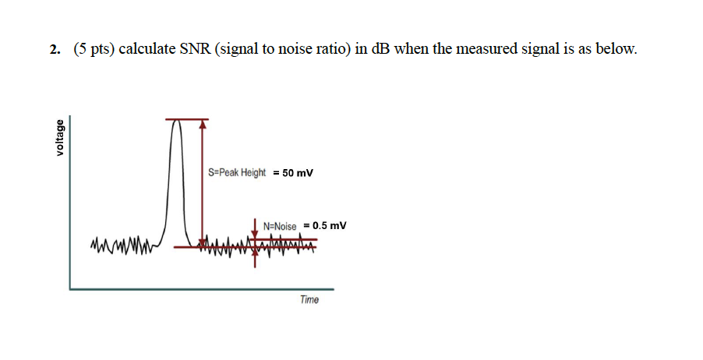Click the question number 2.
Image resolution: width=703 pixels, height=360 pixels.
(x=54, y=51)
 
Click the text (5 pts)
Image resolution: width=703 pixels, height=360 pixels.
(x=94, y=51)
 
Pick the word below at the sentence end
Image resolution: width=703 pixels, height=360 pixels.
(x=617, y=51)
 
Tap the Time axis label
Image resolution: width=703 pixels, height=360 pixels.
(x=309, y=300)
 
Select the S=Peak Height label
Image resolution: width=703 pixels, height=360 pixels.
(x=237, y=173)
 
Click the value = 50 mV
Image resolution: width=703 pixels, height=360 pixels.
(x=293, y=173)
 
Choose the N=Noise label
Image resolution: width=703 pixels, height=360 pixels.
(x=280, y=226)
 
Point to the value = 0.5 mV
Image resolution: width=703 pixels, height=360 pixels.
(x=324, y=226)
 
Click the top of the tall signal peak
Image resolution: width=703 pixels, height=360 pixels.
(x=178, y=122)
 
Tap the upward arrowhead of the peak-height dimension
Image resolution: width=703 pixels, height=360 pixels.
(x=203, y=124)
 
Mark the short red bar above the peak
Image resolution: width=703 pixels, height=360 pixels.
(x=187, y=119)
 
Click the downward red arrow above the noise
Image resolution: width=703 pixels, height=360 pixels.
(x=256, y=228)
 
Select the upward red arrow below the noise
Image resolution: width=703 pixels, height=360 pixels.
(x=256, y=259)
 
